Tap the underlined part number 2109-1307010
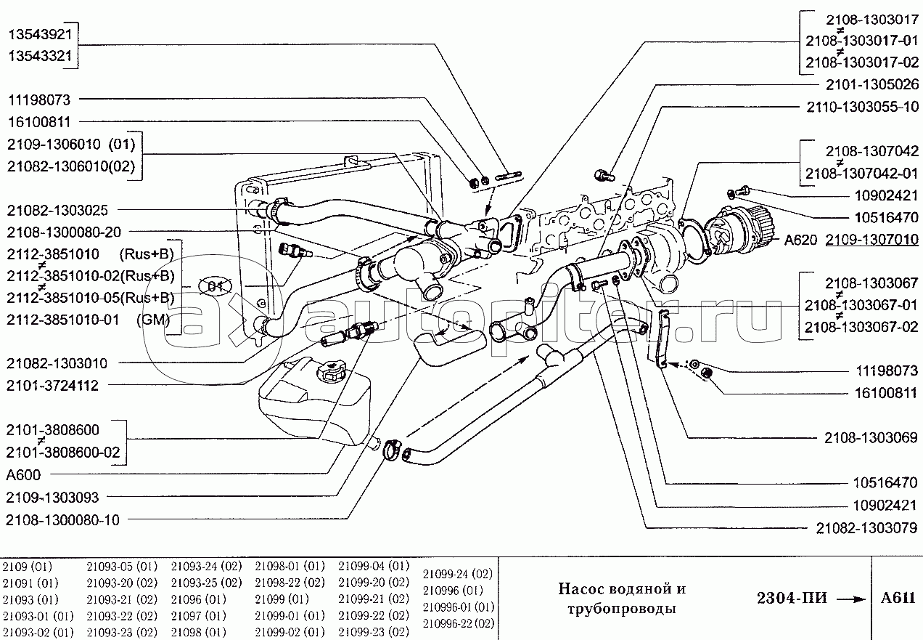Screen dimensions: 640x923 (863, 239)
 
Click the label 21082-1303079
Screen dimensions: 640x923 (866, 527)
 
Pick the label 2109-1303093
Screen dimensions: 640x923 (52, 497)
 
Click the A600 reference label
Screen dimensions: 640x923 (23, 475)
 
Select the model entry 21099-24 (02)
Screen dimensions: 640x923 (457, 573)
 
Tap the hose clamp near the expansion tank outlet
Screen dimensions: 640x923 (393, 451)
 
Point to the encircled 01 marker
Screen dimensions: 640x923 (212, 285)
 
